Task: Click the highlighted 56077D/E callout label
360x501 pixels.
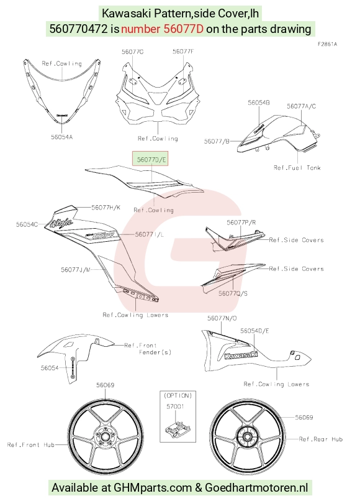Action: click(x=150, y=159)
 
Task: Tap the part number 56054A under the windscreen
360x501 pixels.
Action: click(x=62, y=137)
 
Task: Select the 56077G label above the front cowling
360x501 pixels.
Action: click(x=132, y=52)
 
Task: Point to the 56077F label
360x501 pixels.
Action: click(x=183, y=51)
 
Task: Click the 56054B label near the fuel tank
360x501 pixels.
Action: click(x=259, y=103)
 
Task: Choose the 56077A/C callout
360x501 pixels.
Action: click(x=301, y=106)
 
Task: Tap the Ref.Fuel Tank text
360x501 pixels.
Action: click(x=297, y=167)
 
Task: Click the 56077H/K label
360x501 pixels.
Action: click(x=106, y=208)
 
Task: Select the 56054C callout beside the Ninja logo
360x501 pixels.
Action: click(x=27, y=224)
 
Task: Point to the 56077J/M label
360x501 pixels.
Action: click(x=76, y=270)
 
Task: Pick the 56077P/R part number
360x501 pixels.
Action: click(x=241, y=223)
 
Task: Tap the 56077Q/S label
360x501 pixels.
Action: click(x=233, y=293)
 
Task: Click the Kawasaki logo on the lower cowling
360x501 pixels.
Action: click(x=241, y=355)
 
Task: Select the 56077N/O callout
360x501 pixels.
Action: click(x=222, y=318)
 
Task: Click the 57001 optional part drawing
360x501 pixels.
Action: click(x=175, y=428)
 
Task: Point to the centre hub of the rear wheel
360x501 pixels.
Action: click(x=246, y=437)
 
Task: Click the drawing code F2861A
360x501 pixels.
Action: click(x=327, y=44)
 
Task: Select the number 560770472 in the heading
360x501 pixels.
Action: click(x=78, y=29)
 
